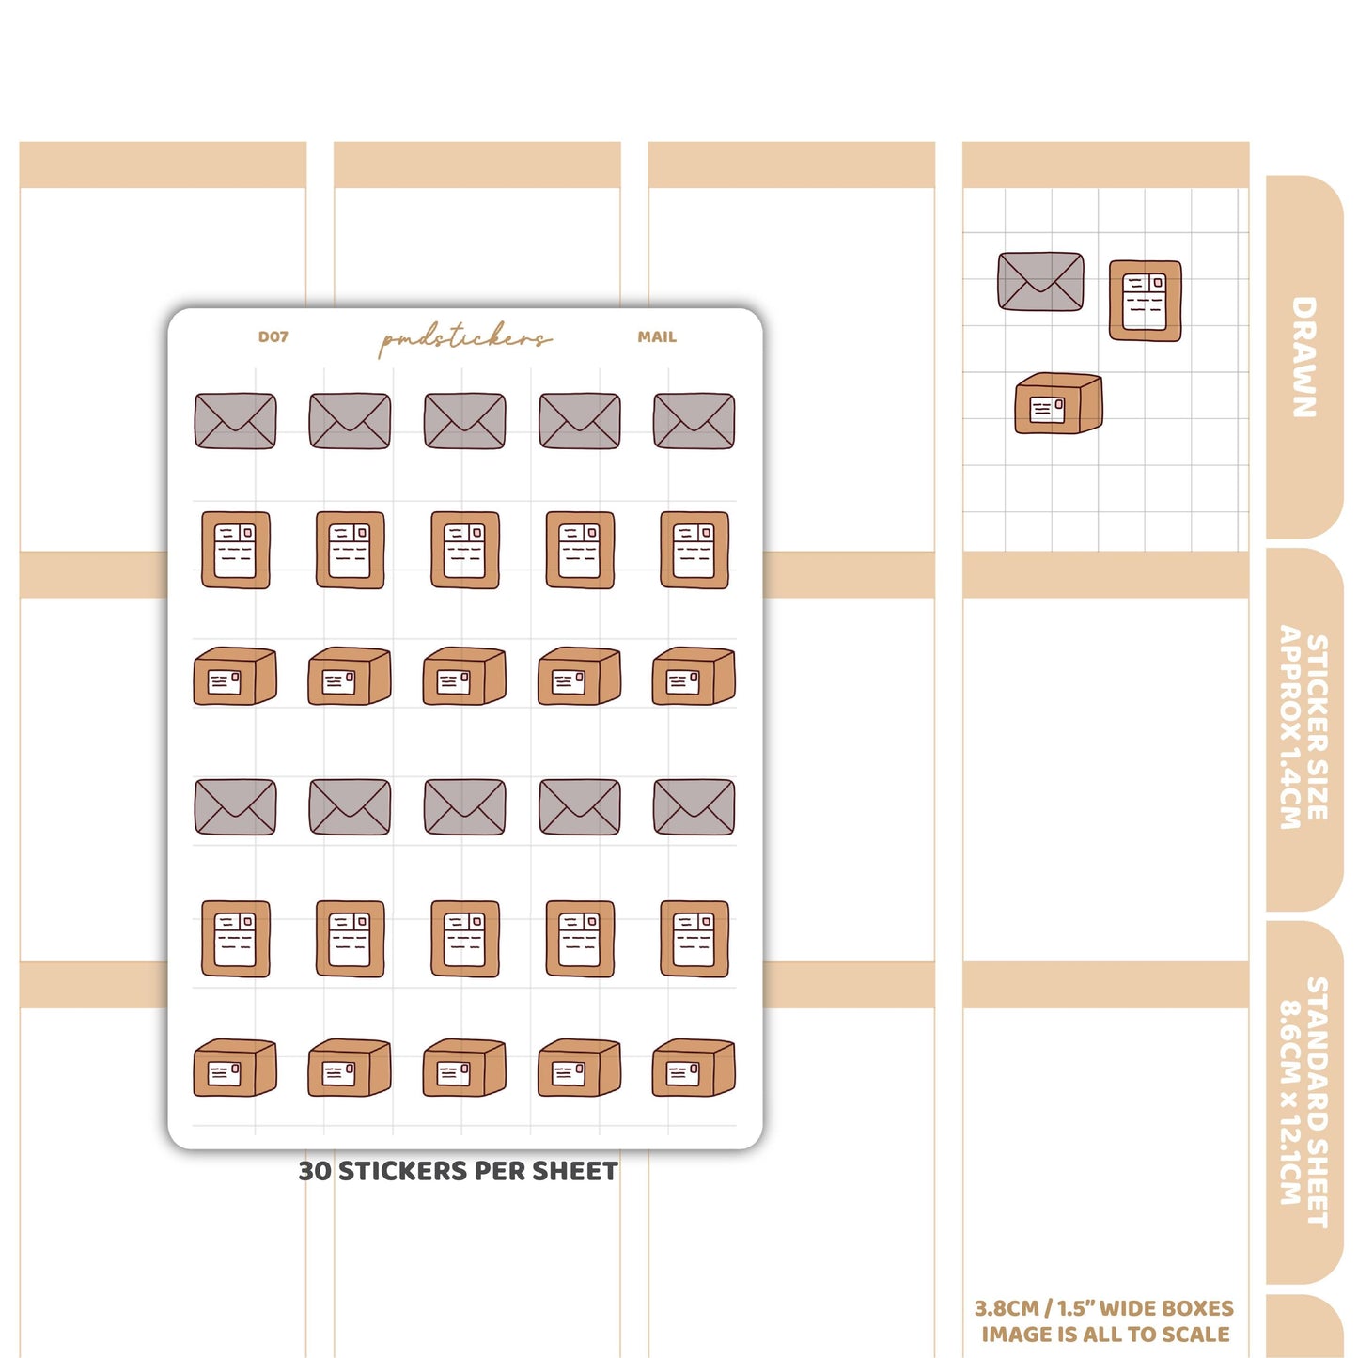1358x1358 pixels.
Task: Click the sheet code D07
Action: click(x=273, y=336)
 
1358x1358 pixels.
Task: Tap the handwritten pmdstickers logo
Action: click(x=464, y=339)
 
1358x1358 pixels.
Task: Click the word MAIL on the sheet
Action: click(x=657, y=336)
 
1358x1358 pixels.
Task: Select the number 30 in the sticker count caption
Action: click(x=315, y=1171)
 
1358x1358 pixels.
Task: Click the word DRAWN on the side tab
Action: click(x=1303, y=357)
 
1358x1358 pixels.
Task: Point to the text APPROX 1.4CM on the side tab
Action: click(x=1289, y=726)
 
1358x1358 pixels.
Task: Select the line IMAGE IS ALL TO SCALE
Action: click(x=1105, y=1335)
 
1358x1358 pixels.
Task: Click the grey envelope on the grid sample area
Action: click(x=1041, y=282)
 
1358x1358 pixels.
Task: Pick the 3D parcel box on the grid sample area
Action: click(x=1058, y=403)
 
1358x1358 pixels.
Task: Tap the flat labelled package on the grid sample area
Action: click(x=1146, y=301)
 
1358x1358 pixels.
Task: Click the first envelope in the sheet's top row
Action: click(x=235, y=421)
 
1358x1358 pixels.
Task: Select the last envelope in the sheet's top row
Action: click(x=695, y=421)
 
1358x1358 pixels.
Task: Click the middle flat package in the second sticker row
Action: click(x=465, y=550)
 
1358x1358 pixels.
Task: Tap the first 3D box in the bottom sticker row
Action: click(x=235, y=1068)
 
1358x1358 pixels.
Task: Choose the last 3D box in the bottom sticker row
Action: click(x=695, y=1068)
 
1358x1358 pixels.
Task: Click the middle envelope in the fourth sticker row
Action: click(x=465, y=807)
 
